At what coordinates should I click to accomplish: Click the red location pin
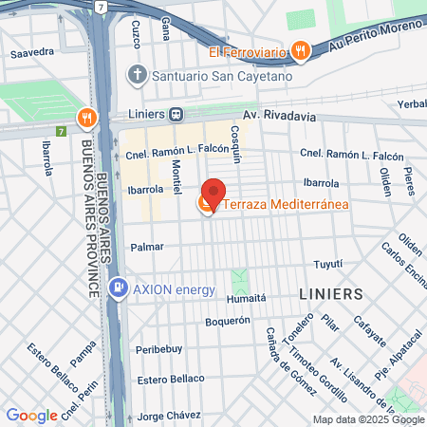coord(213,194)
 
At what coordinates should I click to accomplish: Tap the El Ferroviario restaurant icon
coord(300,50)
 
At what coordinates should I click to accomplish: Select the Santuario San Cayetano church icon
coord(139,74)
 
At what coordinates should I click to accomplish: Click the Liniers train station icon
coord(176,114)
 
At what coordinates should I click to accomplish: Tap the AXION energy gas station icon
coord(118,288)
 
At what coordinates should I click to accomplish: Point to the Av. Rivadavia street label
coord(277,117)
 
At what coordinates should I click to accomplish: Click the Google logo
coord(31,415)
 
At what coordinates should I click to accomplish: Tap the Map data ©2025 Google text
coord(369,419)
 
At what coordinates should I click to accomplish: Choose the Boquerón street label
coord(227,321)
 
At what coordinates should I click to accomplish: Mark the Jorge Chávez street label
coord(169,416)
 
